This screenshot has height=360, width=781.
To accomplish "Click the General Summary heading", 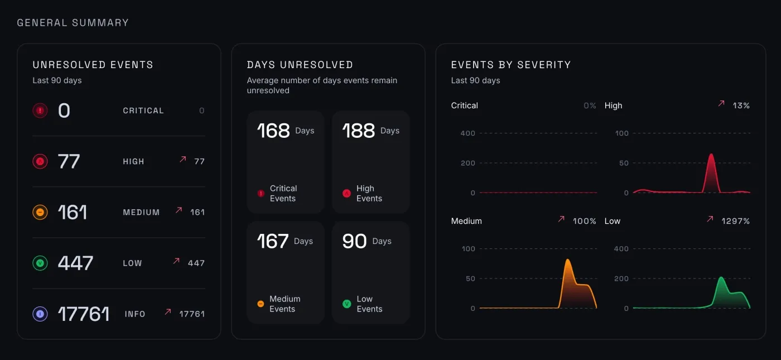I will point(73,23).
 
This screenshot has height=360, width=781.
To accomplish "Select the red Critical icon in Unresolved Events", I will point(40,111).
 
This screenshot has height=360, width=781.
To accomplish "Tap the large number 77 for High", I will point(69,161).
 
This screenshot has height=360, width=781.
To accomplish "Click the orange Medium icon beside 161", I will point(40,212).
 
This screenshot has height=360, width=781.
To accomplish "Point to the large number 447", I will point(75,263).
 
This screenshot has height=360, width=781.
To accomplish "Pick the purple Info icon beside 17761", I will point(40,314).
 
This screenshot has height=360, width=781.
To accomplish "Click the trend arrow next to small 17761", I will point(167,312).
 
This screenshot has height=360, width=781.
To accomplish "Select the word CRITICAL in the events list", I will point(143,111).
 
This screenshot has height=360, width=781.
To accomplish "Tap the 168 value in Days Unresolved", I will point(273,131).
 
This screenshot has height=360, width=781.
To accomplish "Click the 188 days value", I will point(359,131).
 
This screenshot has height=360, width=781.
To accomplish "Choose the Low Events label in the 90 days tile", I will point(369,304).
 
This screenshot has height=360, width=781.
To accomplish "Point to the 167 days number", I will point(273,241).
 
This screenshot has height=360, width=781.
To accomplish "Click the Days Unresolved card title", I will point(300,65).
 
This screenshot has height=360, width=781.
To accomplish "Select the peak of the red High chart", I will point(711,155).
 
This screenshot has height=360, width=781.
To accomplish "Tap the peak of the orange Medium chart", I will point(567,260).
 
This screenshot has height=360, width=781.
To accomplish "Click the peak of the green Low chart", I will point(721,277).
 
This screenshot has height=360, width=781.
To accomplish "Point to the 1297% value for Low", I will point(735,221).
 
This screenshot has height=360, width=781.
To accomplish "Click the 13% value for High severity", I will point(741,105).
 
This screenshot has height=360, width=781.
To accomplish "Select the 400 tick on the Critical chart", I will point(467,133).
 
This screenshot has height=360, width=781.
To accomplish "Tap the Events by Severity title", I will point(510,65).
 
